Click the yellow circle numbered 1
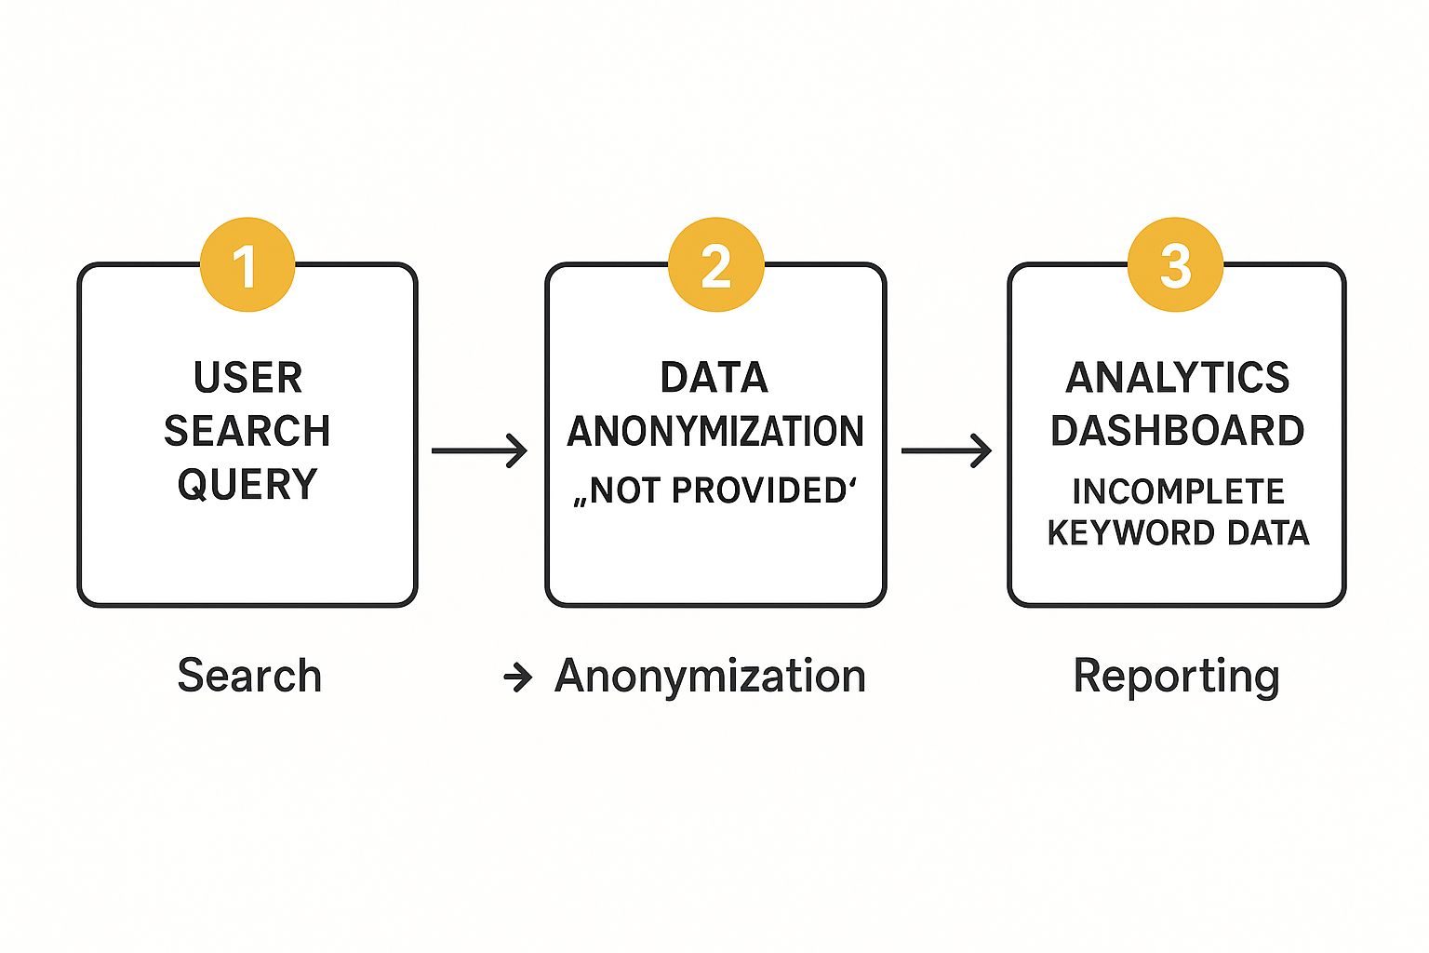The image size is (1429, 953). point(247,264)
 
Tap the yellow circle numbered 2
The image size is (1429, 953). point(715,264)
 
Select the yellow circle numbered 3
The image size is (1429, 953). point(1175,264)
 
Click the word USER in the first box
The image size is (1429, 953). point(247,378)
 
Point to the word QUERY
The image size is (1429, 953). point(247,485)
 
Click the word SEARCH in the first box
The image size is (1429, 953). point(247,431)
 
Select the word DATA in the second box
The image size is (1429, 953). point(714,378)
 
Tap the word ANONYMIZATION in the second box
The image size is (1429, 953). point(715,431)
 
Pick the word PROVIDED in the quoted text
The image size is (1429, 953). point(758,490)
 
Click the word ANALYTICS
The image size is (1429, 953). point(1178,378)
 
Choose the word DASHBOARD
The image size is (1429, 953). point(1178,431)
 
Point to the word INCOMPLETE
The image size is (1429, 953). point(1179,491)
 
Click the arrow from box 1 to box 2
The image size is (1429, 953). point(480,450)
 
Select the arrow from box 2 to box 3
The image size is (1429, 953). point(947,450)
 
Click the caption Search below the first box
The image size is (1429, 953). point(249,676)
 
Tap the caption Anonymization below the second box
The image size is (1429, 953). point(710,677)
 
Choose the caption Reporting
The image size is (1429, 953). point(1177,678)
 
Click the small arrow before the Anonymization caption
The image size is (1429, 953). point(517,678)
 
